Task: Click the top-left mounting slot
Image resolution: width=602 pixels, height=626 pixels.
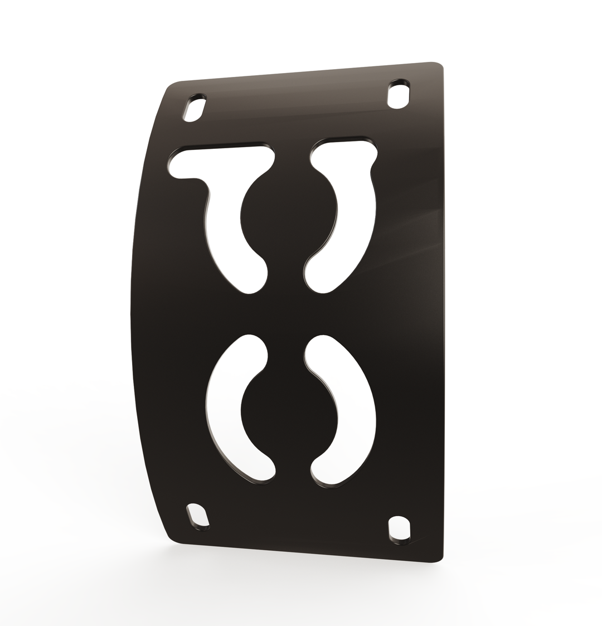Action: coord(195,109)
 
